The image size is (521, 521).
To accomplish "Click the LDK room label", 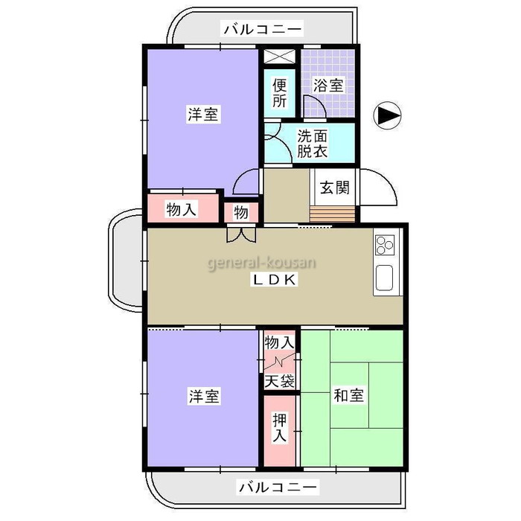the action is coord(274,280).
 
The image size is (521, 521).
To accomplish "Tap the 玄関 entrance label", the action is coord(335,188).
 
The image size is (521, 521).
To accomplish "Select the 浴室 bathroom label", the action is coord(328,86).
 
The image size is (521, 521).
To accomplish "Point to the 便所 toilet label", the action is coord(279,93).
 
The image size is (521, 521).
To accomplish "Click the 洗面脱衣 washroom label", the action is coord(312,144).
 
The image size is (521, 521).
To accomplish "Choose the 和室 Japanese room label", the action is coord(348,395).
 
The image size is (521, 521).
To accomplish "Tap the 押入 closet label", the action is coord(279,427).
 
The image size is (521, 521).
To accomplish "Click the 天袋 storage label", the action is coord(279,381).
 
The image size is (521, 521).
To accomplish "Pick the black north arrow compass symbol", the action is coord(388,115).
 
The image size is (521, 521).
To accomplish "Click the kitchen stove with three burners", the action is coord(385,245).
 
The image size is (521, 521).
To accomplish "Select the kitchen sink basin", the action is coord(384,278).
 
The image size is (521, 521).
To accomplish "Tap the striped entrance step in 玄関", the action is coord(332,214).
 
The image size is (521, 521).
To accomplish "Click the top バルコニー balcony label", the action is coord(263,29).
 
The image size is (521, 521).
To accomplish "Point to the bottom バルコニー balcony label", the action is coord(278,488).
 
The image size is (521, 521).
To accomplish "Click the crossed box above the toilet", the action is coord(279,56).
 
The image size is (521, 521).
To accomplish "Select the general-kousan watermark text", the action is coord(262,263).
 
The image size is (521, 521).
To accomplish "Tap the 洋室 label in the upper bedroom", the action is coord(203,115).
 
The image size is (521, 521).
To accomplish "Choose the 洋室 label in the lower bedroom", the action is coord(204,396).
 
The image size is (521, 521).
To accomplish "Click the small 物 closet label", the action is coord(241,212).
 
